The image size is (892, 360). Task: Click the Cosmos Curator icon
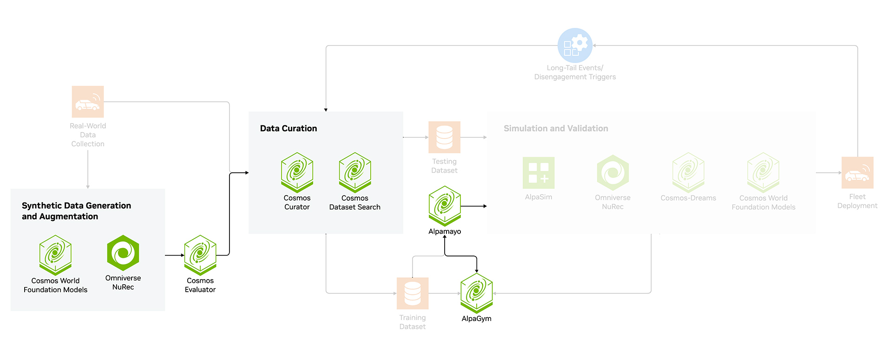coord(297,172)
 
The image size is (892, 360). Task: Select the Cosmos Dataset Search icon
coord(355,172)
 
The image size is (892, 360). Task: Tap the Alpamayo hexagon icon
coord(445,206)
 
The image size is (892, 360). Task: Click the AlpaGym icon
coord(477,293)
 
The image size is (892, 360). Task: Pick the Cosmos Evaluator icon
coord(200,255)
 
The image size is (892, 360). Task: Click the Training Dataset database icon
coord(413,293)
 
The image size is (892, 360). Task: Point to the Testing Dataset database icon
coord(445,137)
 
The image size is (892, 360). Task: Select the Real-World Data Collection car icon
coord(88,102)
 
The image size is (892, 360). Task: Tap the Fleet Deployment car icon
coord(858,172)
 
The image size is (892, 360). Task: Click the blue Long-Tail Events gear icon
coord(575,46)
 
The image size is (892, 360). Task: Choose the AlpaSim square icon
coord(538,172)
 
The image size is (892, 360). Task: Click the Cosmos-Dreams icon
coord(689,172)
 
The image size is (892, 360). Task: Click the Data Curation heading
coord(289,129)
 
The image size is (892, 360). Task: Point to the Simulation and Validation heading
coord(556,129)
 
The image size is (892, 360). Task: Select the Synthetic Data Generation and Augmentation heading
coord(76,211)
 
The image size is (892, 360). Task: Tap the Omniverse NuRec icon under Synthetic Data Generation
coord(123,253)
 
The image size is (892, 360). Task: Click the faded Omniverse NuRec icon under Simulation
coord(613,172)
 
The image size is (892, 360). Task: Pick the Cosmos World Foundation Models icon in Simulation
coord(763,172)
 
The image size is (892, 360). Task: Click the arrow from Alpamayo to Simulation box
coord(474,206)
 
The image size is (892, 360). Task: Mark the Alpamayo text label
coord(445,231)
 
